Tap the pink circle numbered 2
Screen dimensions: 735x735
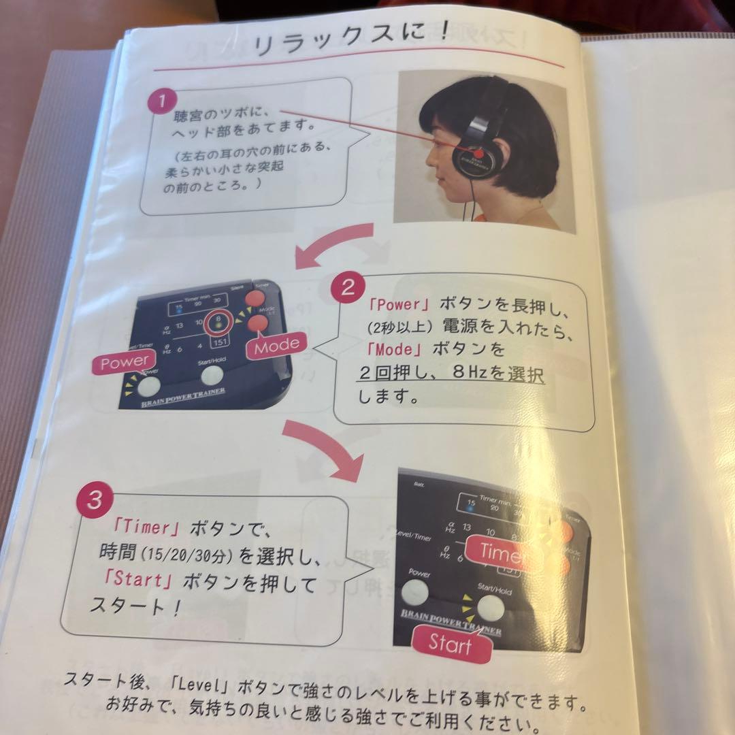(x=348, y=288)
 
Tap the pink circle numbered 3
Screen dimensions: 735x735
(x=95, y=501)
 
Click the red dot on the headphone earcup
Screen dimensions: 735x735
(x=470, y=148)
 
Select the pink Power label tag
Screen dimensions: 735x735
(x=123, y=363)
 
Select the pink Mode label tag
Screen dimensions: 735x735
(x=276, y=344)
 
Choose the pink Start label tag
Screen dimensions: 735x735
(x=451, y=643)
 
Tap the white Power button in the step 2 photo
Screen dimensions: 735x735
(x=148, y=386)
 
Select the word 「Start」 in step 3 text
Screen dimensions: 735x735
(x=142, y=582)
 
